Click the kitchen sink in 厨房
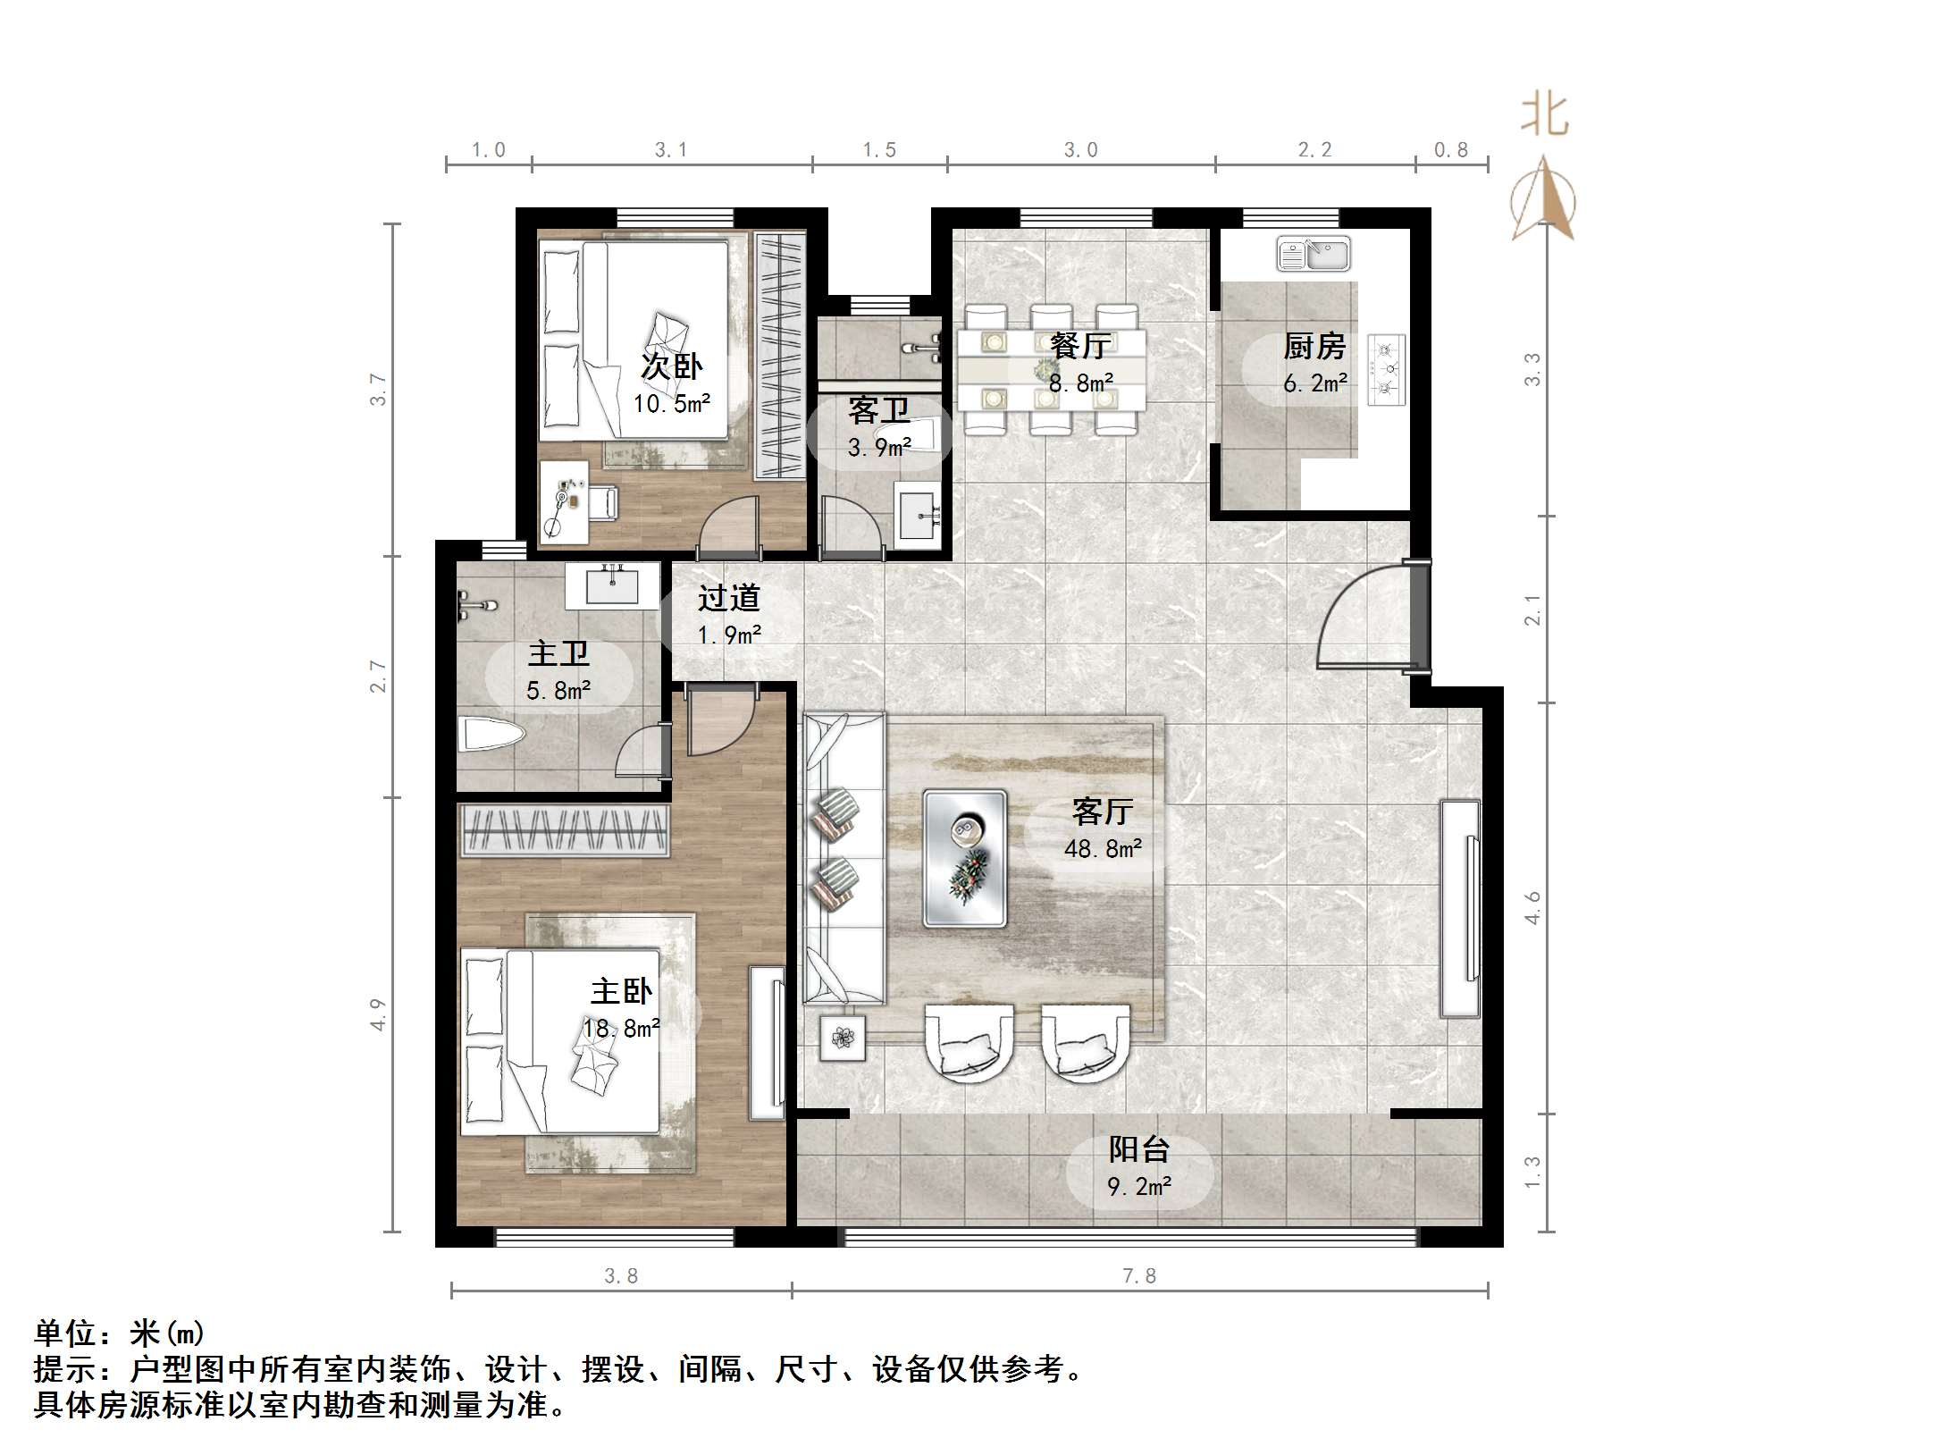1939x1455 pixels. (1313, 254)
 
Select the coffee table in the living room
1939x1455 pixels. (964, 857)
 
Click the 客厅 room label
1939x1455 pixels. (1103, 812)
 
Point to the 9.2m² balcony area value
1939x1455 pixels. (1139, 1187)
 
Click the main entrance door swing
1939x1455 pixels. (1363, 617)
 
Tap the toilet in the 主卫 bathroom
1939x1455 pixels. (490, 736)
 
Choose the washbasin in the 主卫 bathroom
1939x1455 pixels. (612, 585)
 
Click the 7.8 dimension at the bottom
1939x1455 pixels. (1139, 1276)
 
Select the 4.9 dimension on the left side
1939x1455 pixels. (379, 1014)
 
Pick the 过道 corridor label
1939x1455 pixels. (729, 598)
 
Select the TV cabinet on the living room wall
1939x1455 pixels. (1459, 907)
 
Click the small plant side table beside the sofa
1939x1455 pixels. (843, 1038)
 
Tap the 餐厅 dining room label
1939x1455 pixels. (1080, 345)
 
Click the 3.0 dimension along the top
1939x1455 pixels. (1080, 150)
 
